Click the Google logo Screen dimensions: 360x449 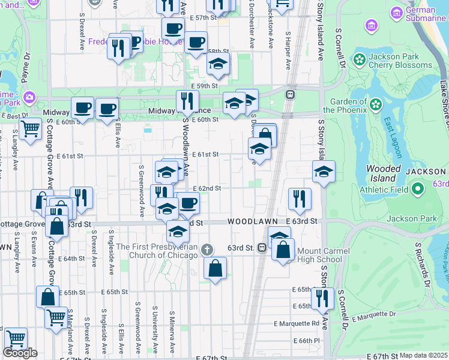[x=20, y=353]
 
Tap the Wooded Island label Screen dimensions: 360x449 [x=382, y=173]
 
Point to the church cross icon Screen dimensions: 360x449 [x=207, y=249]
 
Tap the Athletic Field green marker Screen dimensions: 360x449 [x=418, y=190]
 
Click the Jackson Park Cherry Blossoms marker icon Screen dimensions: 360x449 [x=359, y=59]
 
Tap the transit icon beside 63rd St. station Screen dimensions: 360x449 [x=262, y=248]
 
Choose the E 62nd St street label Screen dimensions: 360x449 [x=208, y=188]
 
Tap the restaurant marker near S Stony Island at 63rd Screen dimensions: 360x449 [x=299, y=199]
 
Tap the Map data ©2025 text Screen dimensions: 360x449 [x=423, y=355]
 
